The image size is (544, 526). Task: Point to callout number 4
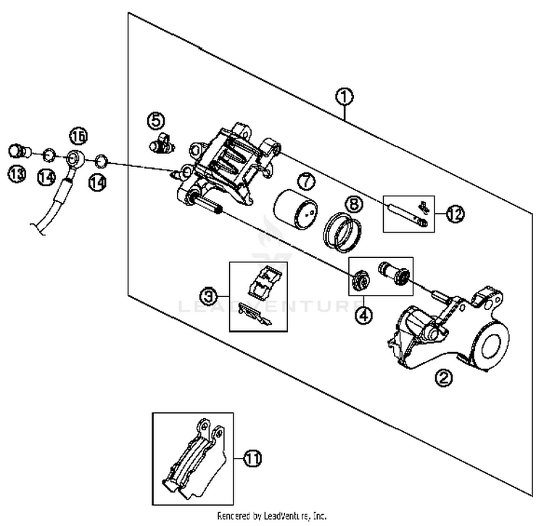363,314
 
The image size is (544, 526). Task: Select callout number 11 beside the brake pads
252,459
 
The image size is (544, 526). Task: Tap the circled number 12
455,214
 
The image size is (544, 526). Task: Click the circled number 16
78,135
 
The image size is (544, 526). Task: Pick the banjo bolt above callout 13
18,151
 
